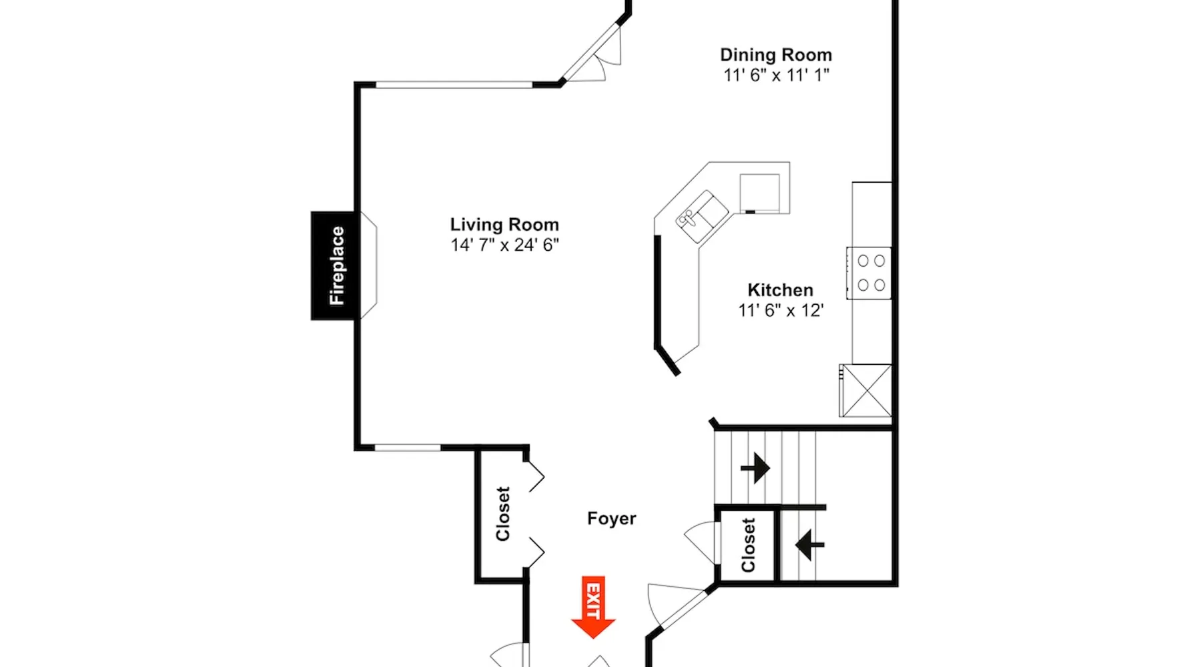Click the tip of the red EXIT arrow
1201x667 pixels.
tap(593, 638)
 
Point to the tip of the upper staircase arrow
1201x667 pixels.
tap(770, 468)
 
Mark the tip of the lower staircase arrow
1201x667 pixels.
tap(796, 545)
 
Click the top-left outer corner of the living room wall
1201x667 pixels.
tap(354, 82)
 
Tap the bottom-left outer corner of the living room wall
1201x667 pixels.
tap(354, 450)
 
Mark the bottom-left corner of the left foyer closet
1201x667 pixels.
tap(476, 583)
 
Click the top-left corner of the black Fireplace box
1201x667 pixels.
tap(312, 212)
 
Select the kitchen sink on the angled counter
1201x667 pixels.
tap(702, 217)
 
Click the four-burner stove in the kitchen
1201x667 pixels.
tap(869, 273)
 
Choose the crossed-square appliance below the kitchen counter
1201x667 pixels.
tap(865, 390)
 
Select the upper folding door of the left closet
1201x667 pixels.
tap(535, 475)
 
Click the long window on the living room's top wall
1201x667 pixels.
tap(454, 85)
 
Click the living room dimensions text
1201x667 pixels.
tap(504, 245)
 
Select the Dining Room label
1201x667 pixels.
tap(776, 55)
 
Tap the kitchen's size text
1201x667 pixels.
tap(781, 310)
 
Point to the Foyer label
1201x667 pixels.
tap(611, 519)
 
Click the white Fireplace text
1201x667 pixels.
tap(337, 265)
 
